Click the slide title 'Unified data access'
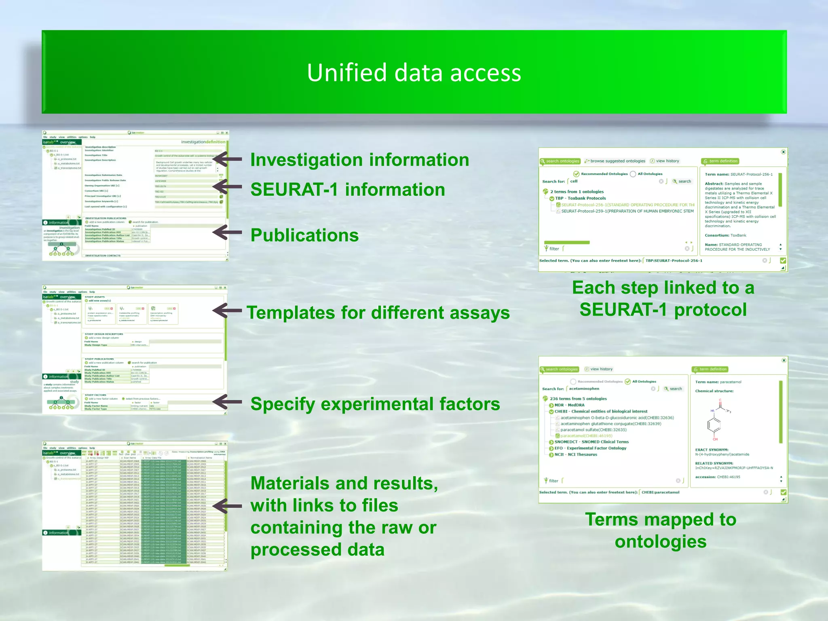pyautogui.click(x=414, y=73)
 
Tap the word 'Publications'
pyautogui.click(x=304, y=235)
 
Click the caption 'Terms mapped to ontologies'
pyautogui.click(x=661, y=530)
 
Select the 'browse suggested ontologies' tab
pyautogui.click(x=615, y=161)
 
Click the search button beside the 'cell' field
pyautogui.click(x=682, y=182)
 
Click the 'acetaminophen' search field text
pyautogui.click(x=584, y=389)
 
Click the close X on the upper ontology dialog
pyautogui.click(x=783, y=152)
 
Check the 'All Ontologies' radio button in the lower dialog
pyautogui.click(x=628, y=382)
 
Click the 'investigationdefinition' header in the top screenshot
pyautogui.click(x=203, y=142)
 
